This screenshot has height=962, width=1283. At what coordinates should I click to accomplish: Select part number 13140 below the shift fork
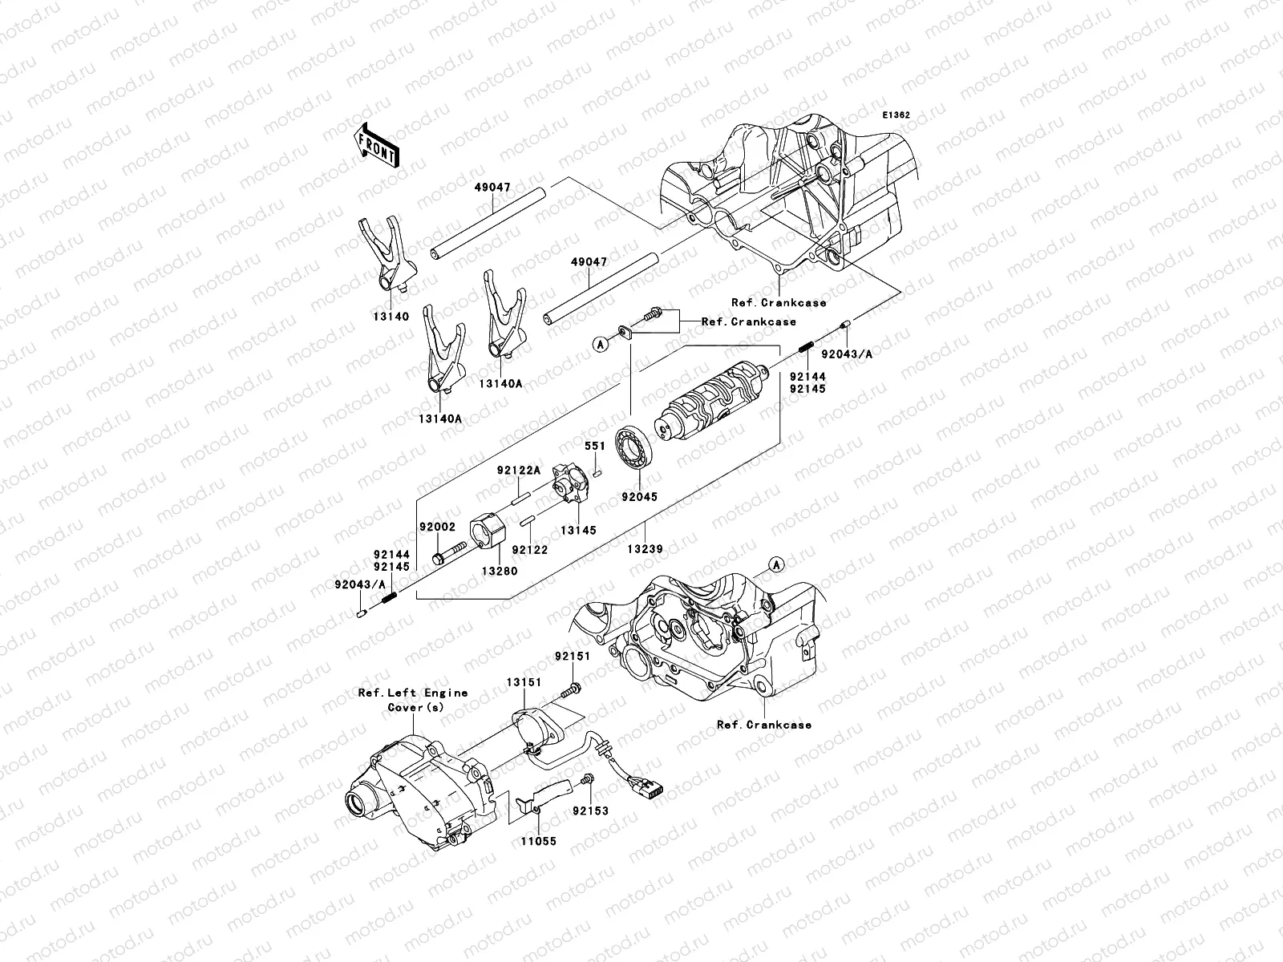point(390,317)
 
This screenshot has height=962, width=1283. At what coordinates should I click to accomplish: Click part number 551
point(594,446)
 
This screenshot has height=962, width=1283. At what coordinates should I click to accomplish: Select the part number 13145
point(578,531)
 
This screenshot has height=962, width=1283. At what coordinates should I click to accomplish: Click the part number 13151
point(523,681)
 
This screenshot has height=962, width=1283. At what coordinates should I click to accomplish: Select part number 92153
point(590,810)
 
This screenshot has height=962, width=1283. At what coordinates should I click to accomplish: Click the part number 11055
point(537,842)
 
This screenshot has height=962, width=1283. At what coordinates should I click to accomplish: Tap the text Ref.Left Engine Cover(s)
point(413,700)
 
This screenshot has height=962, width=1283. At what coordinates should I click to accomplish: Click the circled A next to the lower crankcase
point(775,565)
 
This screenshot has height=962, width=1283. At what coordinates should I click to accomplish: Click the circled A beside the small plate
point(599,343)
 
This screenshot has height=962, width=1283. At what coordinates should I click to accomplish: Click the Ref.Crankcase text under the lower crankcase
point(763,725)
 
